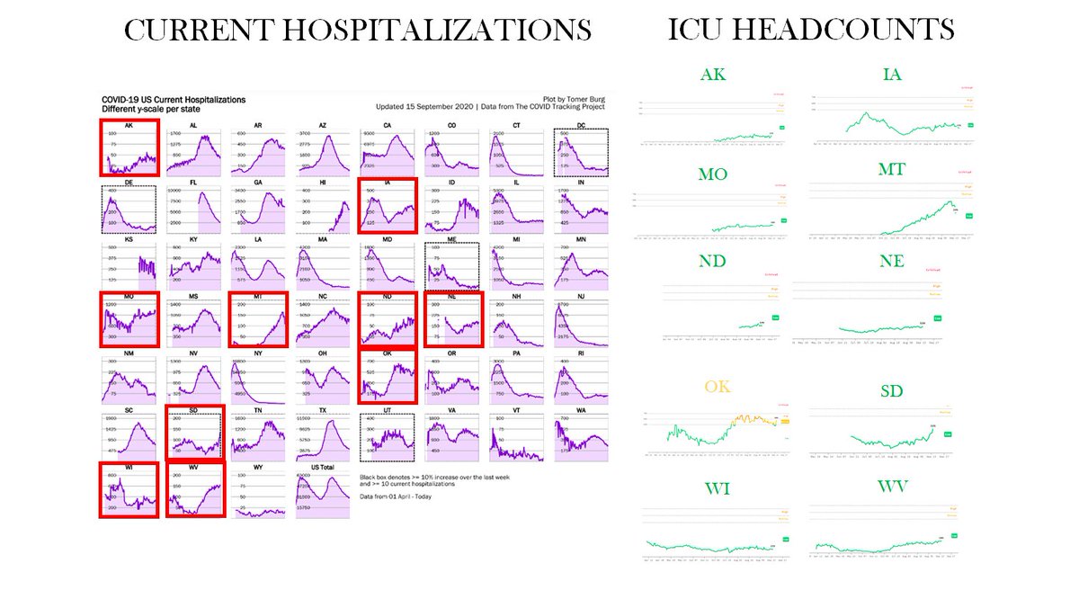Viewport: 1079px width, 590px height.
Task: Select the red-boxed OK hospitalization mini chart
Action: click(x=388, y=376)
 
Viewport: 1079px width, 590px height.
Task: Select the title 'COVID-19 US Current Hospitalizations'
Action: click(x=173, y=99)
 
